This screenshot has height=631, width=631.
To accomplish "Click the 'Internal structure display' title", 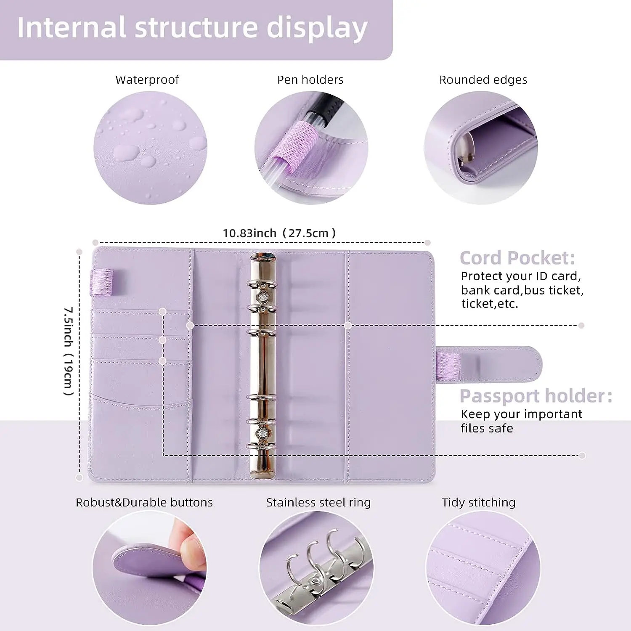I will pos(192,28).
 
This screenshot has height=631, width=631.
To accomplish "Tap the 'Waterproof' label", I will pos(147,80).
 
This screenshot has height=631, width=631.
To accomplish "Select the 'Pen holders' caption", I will pos(310,80).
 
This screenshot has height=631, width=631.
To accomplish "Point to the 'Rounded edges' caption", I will pos(483,80).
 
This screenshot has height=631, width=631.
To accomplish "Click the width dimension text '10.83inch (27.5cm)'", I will pos(279,233).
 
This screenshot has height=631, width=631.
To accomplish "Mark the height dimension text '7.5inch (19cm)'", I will pos(69,351).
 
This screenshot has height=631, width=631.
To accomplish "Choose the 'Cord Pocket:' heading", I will pos(517,258).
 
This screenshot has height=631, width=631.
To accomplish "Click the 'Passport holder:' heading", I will pos(536,396).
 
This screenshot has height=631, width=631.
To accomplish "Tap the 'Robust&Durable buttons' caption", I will pos(144,502).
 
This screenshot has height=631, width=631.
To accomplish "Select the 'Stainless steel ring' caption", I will pos(318,502).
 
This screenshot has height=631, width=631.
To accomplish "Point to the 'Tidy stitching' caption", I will pos(478,502).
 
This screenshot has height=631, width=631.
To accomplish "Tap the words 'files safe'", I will pos(487,428).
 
